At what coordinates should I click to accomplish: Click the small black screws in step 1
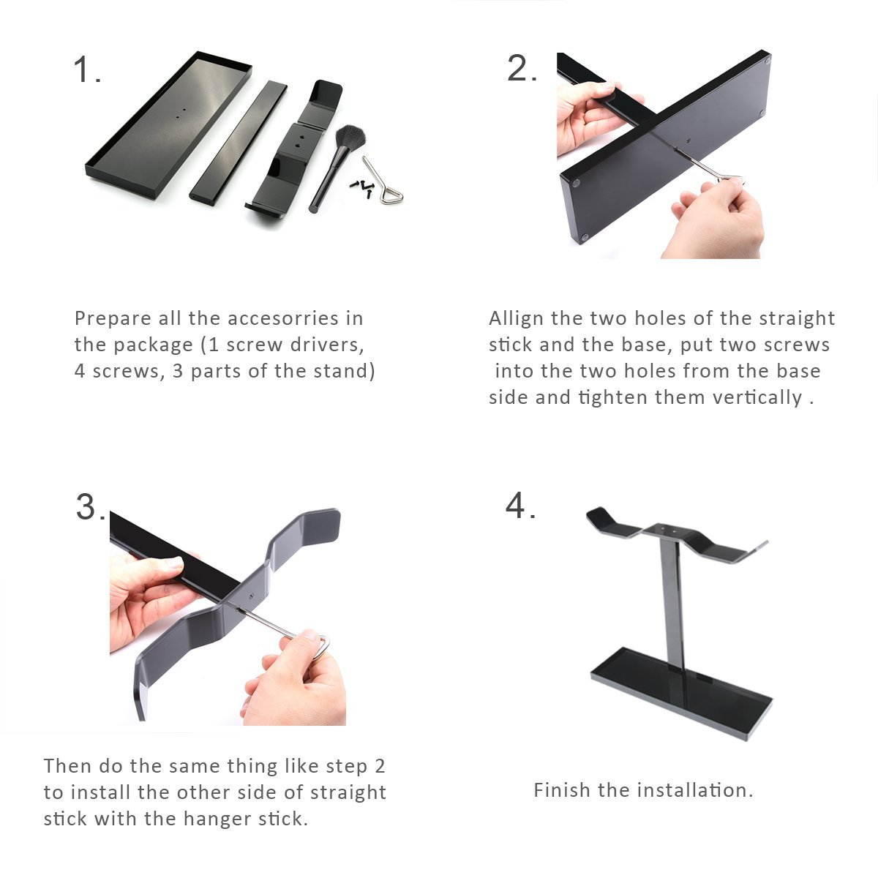click(361, 187)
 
